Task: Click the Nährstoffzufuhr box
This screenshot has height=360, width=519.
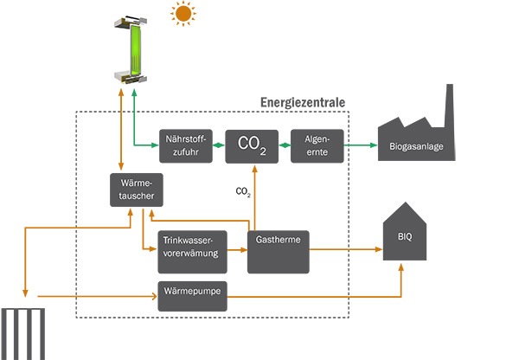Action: tap(183, 145)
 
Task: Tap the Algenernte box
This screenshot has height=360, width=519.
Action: tap(317, 145)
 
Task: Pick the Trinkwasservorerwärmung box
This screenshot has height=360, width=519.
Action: tap(193, 247)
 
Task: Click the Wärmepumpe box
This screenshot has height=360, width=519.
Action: tap(193, 295)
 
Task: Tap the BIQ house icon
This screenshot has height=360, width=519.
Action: tap(406, 235)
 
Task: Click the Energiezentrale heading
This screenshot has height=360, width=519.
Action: tap(303, 102)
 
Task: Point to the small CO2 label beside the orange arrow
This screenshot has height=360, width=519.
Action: tap(242, 191)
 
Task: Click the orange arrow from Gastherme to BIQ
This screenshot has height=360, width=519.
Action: tap(346, 250)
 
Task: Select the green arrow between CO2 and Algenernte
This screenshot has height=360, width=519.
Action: tap(285, 145)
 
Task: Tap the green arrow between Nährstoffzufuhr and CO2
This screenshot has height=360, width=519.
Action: tap(215, 145)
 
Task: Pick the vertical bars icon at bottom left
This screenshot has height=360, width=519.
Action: tap(21, 334)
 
